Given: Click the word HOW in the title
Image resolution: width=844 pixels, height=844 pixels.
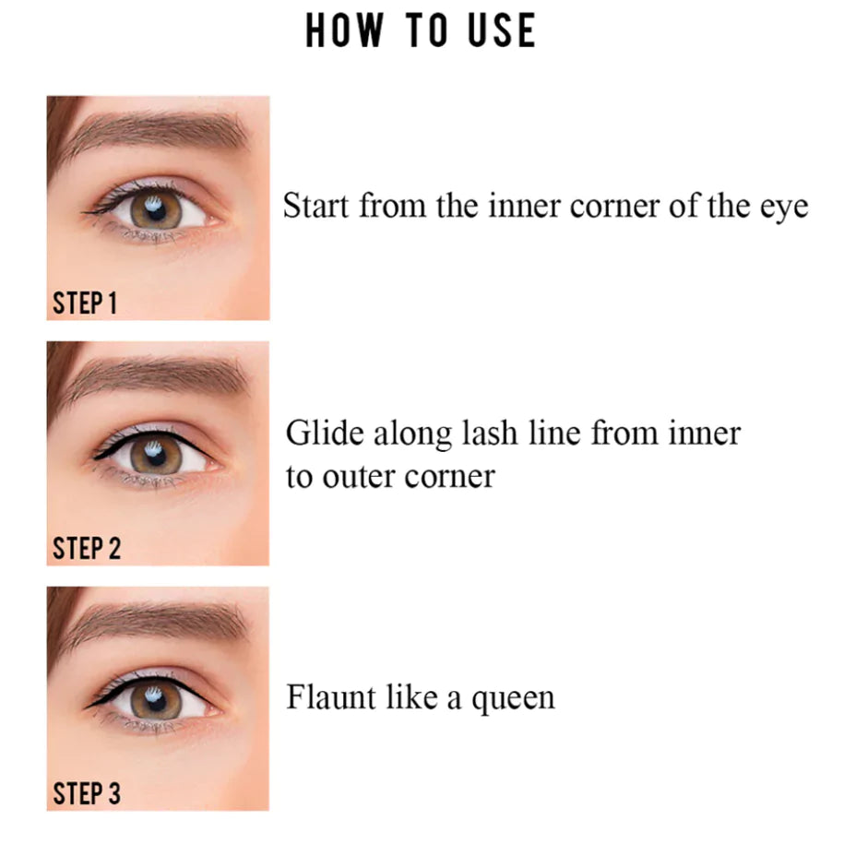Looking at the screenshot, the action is click(x=344, y=30).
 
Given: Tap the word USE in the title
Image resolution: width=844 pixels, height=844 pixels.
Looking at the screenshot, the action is click(x=502, y=30).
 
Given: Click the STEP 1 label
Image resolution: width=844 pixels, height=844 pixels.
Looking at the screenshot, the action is click(x=85, y=303).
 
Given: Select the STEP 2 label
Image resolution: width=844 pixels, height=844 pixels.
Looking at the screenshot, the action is click(x=86, y=549).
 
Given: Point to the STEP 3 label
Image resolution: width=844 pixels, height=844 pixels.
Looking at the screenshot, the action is click(x=86, y=793).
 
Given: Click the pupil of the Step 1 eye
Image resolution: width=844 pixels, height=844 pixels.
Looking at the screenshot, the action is click(x=156, y=212).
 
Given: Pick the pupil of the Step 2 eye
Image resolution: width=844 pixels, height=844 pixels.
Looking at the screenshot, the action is click(x=156, y=457).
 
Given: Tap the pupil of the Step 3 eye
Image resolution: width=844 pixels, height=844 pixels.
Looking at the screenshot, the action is click(x=156, y=701).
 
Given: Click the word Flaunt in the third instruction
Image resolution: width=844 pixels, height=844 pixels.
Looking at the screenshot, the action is click(x=331, y=697).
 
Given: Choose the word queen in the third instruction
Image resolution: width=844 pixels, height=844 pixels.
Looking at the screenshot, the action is click(x=513, y=701).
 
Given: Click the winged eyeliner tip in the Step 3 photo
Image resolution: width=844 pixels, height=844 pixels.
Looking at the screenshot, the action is click(x=87, y=707).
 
